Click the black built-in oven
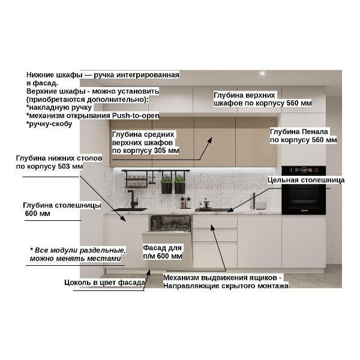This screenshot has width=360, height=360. [x=304, y=190]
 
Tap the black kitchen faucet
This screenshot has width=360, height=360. [x=132, y=199]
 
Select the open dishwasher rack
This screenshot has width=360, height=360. [x=170, y=223]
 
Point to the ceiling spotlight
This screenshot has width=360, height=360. [x=262, y=73]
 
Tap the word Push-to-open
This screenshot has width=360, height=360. [x=136, y=115]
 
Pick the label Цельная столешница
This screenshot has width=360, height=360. [x=306, y=180]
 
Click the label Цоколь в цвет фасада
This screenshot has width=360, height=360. [x=104, y=283]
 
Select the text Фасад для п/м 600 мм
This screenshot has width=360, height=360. [x=163, y=252]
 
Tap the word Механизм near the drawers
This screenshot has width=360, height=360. [x=181, y=278]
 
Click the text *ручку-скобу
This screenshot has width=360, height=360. [x=49, y=124]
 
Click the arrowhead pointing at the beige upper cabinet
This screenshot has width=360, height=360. [x=209, y=140]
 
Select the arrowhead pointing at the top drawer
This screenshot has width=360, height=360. [x=212, y=227]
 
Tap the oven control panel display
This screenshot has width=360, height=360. [x=304, y=170]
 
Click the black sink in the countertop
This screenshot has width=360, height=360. [x=129, y=209]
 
